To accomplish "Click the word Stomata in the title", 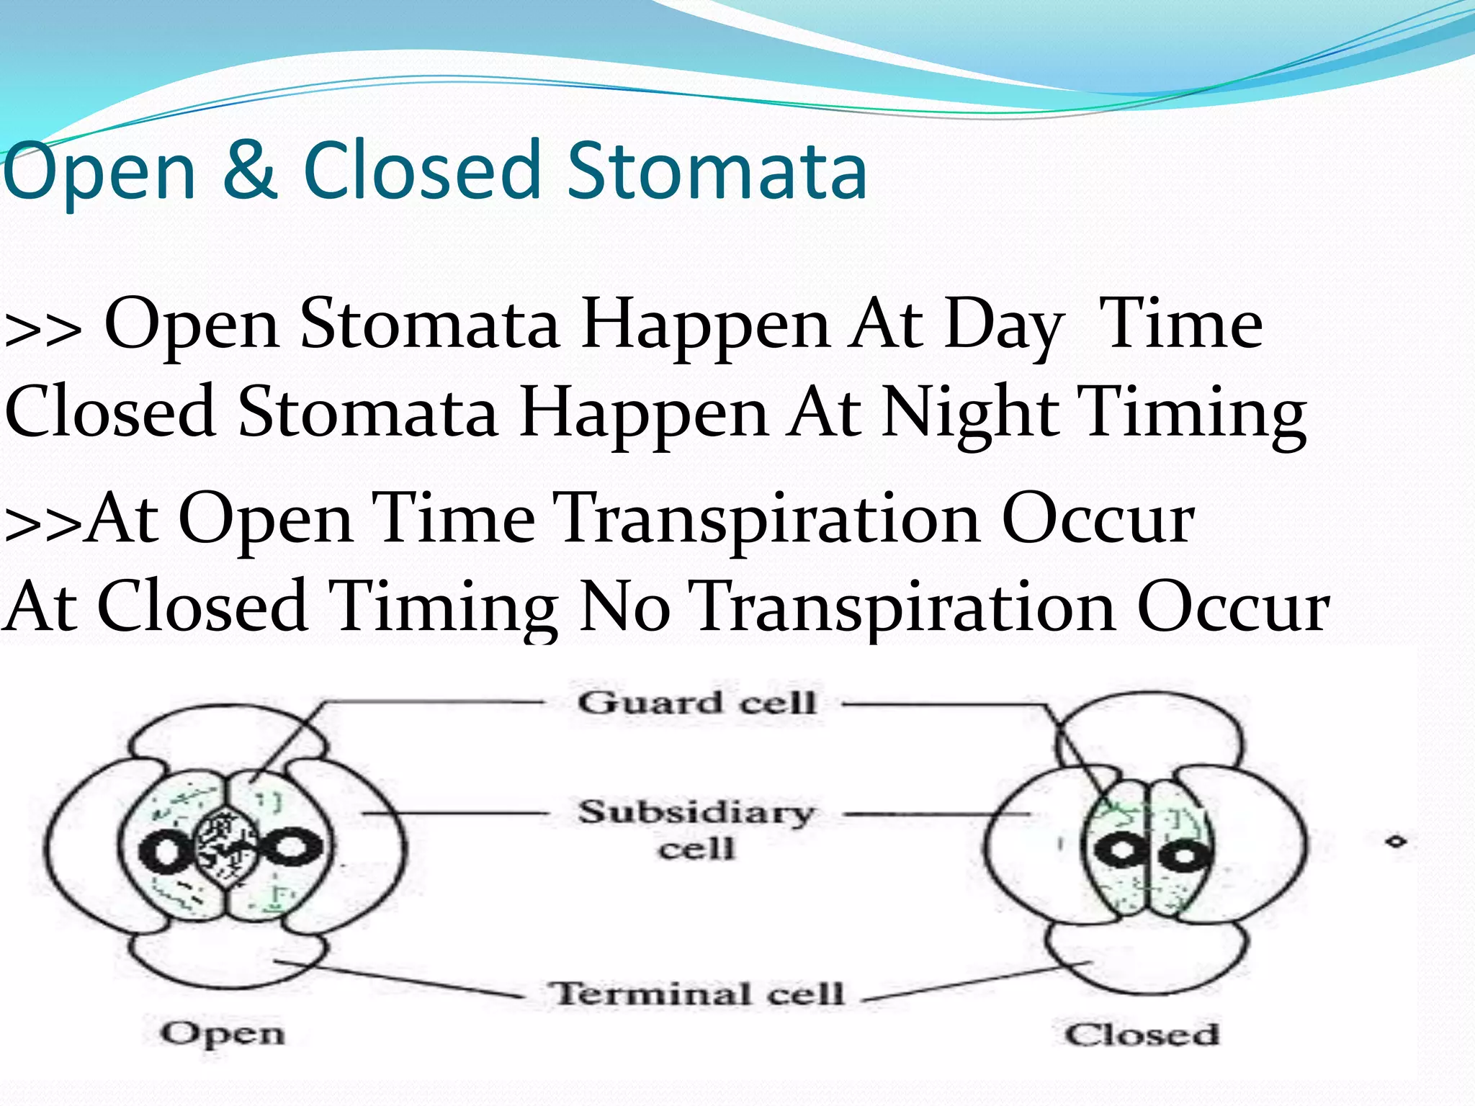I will click(x=717, y=171).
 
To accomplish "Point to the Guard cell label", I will click(x=696, y=703).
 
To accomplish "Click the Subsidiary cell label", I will click(x=696, y=830).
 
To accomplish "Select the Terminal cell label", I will click(x=696, y=994).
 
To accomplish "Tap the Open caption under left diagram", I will click(x=223, y=1035).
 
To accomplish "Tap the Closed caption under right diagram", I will click(x=1142, y=1035).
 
